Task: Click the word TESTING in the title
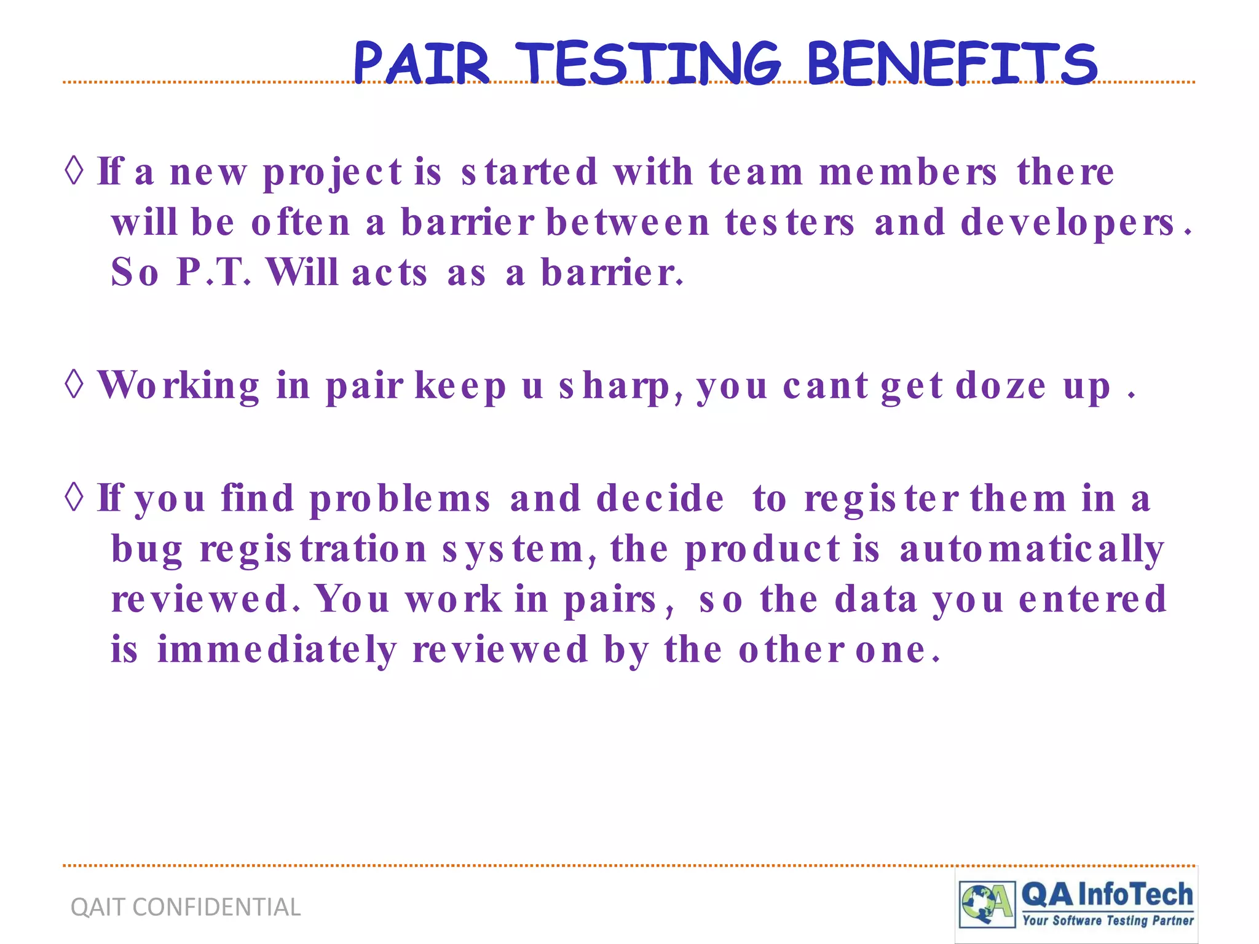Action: pos(649,63)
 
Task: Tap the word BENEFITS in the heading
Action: pos(952,63)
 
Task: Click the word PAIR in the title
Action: pos(422,63)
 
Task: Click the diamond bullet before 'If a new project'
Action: pos(74,170)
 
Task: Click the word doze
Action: pos(1001,386)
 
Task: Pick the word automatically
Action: pos(1032,549)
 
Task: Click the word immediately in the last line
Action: pos(277,650)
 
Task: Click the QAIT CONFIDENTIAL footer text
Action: pos(186,907)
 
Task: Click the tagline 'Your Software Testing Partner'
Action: pos(1108,921)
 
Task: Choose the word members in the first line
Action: pos(908,171)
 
